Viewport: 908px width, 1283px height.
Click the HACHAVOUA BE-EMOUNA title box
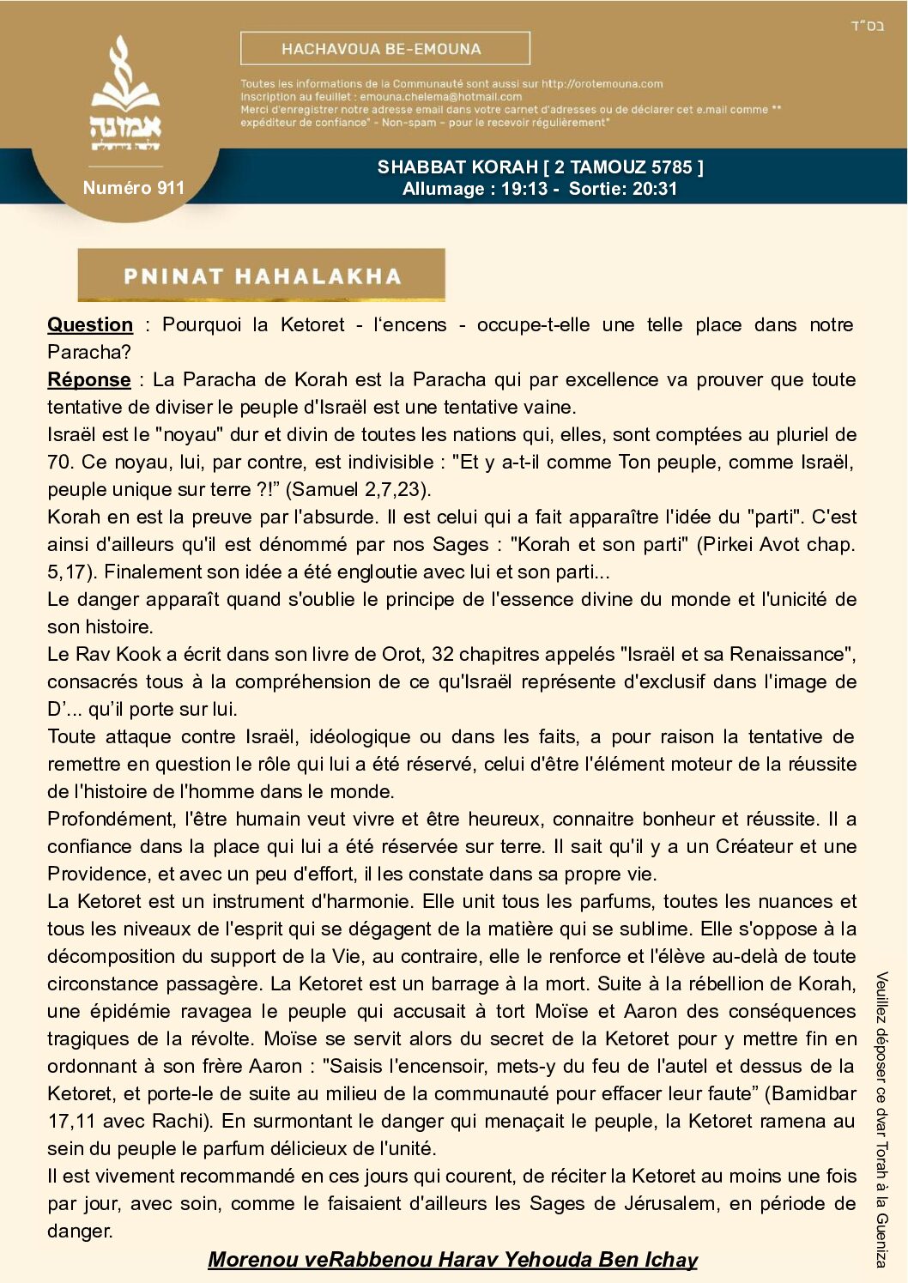[x=384, y=49]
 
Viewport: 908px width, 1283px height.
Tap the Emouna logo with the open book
[x=125, y=94]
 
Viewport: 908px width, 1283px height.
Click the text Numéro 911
[x=133, y=188]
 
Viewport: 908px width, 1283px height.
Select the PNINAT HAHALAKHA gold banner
[x=261, y=275]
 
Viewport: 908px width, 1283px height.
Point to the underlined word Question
[x=90, y=324]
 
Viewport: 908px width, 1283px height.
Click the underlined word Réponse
[x=89, y=379]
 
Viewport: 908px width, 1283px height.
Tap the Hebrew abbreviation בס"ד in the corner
[x=868, y=26]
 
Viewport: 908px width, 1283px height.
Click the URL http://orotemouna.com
[x=602, y=84]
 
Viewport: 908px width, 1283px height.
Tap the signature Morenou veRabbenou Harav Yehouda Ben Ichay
[x=452, y=1259]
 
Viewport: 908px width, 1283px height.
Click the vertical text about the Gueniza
[x=881, y=1119]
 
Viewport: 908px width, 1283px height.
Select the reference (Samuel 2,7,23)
[x=358, y=489]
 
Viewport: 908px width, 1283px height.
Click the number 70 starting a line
[x=59, y=462]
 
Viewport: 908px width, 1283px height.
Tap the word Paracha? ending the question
[x=89, y=352]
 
